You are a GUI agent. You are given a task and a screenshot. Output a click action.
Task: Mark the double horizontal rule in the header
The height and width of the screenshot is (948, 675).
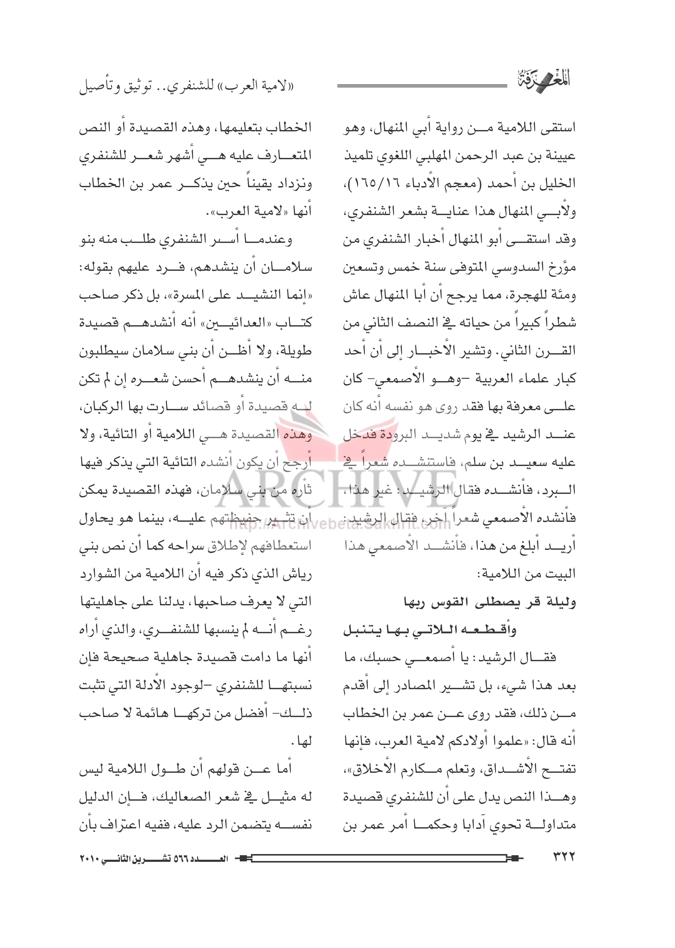click(422, 86)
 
